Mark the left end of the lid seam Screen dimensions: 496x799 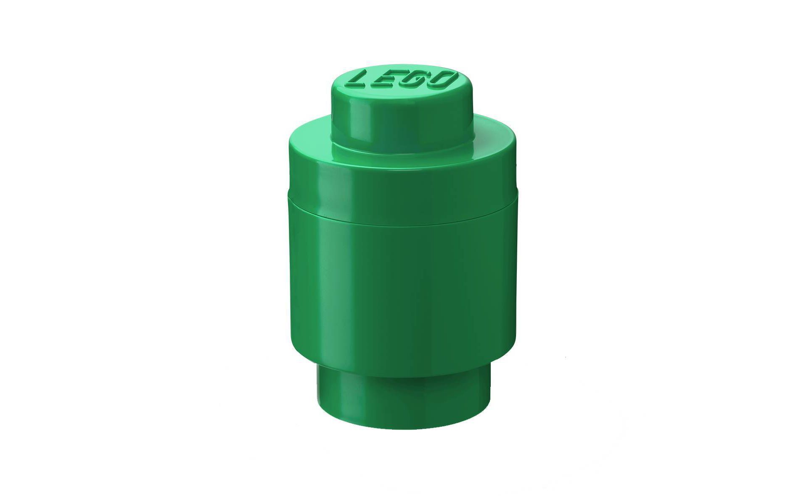[x=289, y=194]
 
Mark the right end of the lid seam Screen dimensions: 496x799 [x=517, y=194]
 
